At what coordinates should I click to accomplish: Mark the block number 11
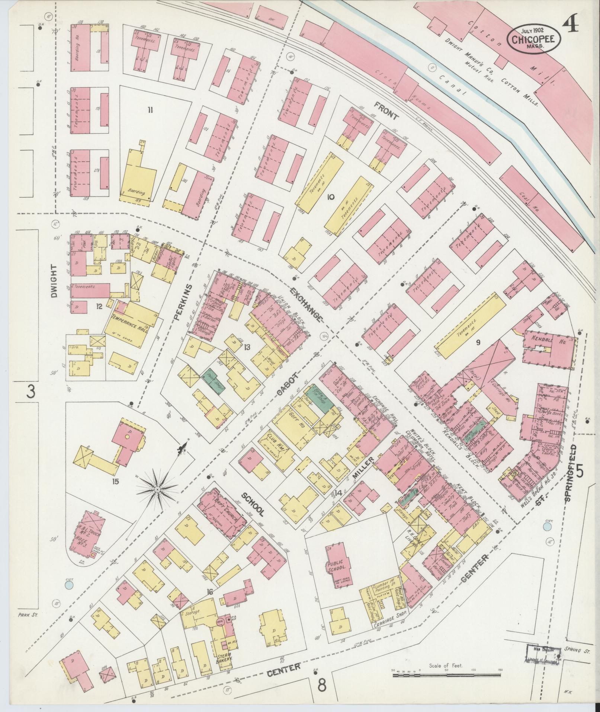(150, 109)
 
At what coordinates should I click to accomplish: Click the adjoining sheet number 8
(322, 684)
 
